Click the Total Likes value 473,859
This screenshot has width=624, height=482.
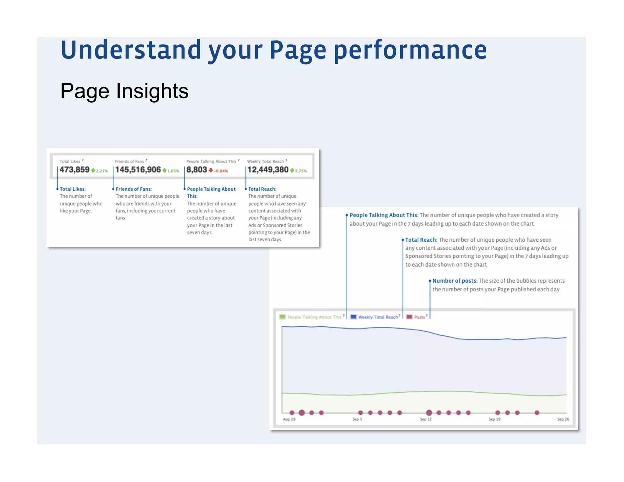point(74,170)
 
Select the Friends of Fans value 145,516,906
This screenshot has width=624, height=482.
point(138,170)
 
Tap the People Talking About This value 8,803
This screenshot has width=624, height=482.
point(197,170)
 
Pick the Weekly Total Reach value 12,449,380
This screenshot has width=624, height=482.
point(268,170)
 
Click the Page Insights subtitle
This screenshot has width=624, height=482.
point(124,91)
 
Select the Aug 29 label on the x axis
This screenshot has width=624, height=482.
point(289,419)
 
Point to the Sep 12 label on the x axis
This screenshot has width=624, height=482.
point(426,419)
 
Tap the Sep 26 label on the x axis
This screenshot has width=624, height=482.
point(563,419)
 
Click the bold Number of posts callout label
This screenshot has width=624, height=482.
point(454,281)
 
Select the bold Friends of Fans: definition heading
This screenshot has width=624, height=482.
point(133,189)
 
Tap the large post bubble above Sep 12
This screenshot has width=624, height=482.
point(429,413)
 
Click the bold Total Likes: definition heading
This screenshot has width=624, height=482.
point(73,189)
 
